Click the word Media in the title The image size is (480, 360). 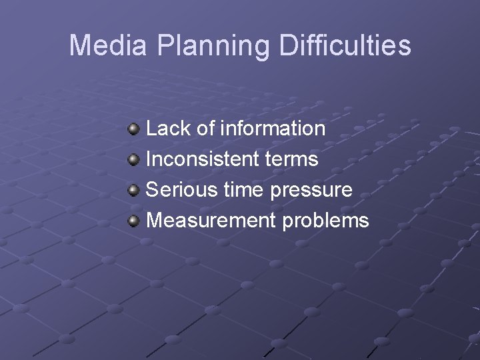click(x=110, y=45)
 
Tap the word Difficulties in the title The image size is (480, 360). click(x=345, y=45)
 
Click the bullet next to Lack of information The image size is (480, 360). click(x=134, y=128)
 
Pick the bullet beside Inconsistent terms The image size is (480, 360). click(x=134, y=159)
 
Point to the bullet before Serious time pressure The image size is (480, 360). click(x=134, y=189)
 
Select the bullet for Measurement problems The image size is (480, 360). click(x=134, y=220)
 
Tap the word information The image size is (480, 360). click(x=273, y=128)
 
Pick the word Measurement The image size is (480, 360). click(x=211, y=220)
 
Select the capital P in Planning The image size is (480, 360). click(x=167, y=45)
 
